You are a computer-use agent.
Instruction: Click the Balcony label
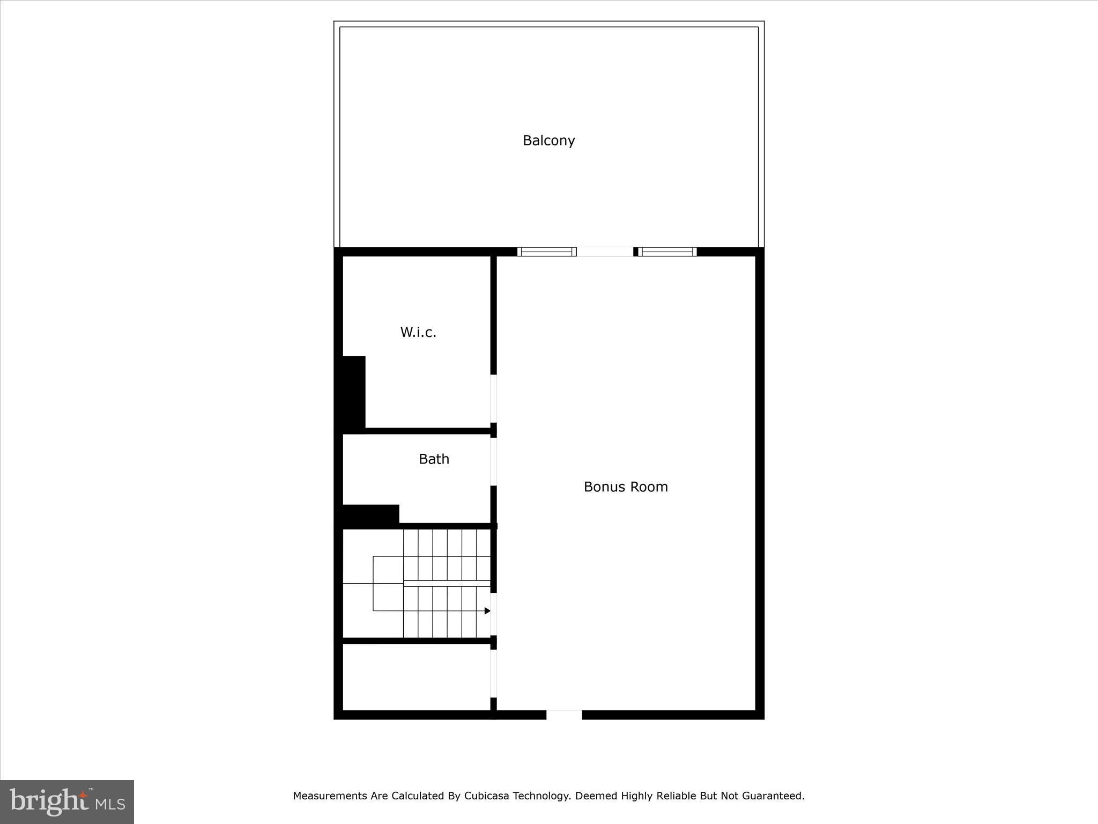pos(548,141)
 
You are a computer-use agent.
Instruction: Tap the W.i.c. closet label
pos(418,333)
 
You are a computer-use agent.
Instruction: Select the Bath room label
pos(434,459)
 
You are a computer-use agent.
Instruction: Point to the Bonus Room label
pos(626,487)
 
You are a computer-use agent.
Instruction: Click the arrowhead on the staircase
pos(487,611)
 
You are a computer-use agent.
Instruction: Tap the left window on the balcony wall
pos(546,252)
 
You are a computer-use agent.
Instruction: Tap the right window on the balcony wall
pos(667,252)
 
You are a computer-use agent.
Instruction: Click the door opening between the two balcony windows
pos(605,252)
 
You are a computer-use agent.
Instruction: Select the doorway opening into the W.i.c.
pos(494,399)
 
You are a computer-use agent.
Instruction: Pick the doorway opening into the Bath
pos(494,462)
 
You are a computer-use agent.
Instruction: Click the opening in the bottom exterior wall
pos(564,715)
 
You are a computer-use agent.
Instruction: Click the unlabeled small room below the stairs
pos(416,677)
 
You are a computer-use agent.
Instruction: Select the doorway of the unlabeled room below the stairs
pos(494,673)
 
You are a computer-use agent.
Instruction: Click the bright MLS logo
pos(67,801)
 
